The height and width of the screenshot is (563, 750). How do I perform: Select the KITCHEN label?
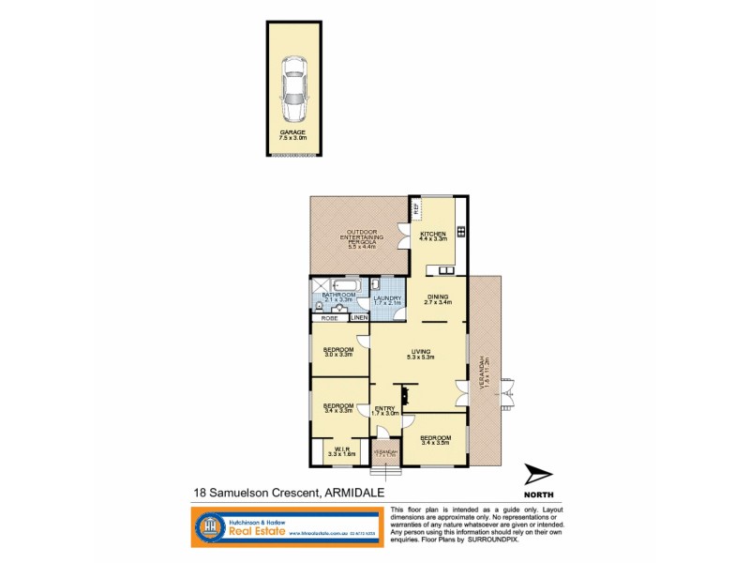pyautogui.click(x=433, y=235)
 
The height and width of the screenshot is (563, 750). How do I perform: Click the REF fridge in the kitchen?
pyautogui.click(x=415, y=208)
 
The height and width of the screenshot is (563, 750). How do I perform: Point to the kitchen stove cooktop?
pyautogui.click(x=460, y=231)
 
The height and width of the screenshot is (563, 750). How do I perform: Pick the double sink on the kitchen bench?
pyautogui.click(x=438, y=272)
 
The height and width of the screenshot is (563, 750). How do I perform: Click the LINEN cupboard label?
pyautogui.click(x=360, y=318)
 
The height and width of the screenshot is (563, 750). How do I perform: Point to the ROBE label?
pyautogui.click(x=330, y=318)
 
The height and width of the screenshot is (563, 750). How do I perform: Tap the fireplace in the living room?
pyautogui.click(x=404, y=389)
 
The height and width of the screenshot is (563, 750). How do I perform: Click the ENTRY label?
pyautogui.click(x=385, y=409)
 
